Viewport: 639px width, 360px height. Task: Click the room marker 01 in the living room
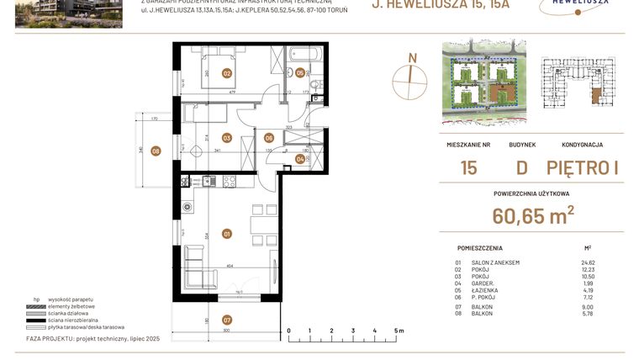coord(226,233)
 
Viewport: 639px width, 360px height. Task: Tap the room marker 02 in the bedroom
coord(226,73)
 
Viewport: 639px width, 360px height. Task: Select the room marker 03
coord(226,138)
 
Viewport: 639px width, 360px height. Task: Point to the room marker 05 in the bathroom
coord(300,73)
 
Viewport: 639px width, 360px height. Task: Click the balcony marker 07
coord(226,320)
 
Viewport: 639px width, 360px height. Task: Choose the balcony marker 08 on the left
coord(156,151)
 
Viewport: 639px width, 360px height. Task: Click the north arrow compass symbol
coord(411,74)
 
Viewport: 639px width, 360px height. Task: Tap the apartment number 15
coord(468,167)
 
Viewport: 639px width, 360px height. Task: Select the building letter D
coord(521,167)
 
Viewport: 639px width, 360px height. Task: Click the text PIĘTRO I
coord(582,167)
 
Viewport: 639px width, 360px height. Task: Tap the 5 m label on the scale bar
coord(399,331)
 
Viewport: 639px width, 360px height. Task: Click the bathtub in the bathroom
coord(300,55)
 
